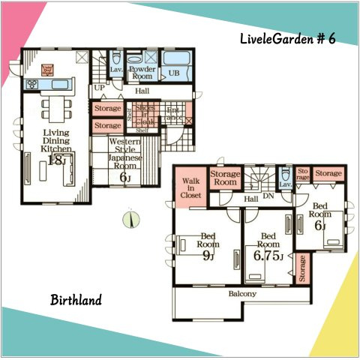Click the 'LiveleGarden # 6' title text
point(288,38)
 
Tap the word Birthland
point(76,301)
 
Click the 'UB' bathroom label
point(173,73)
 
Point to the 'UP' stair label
point(99,88)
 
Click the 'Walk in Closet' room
point(188,187)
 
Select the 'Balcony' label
point(241,294)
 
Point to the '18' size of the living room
point(53,160)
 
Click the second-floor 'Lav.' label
point(285,184)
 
